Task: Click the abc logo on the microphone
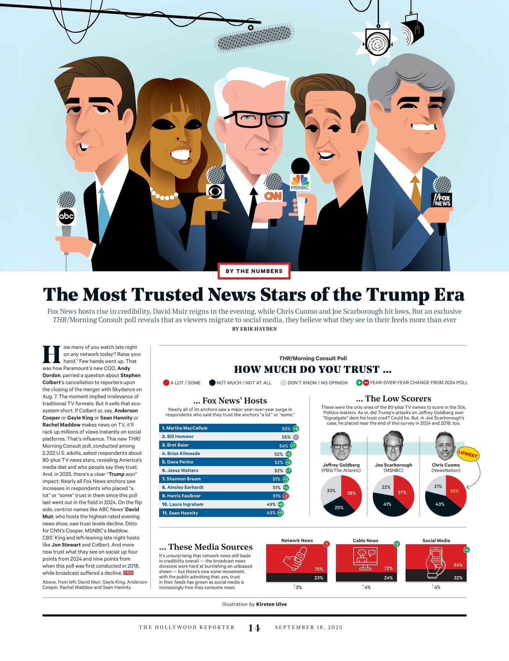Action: click(67, 216)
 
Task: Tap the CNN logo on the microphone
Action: click(273, 196)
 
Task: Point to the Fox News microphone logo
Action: click(441, 200)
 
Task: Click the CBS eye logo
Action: click(215, 192)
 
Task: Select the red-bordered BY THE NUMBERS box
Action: click(254, 271)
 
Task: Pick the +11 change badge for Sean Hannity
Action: click(280, 513)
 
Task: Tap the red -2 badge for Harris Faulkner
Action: click(286, 496)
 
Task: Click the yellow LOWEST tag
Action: click(468, 454)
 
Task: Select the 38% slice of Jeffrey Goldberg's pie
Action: click(351, 492)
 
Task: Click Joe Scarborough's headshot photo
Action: click(393, 446)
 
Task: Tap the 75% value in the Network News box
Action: click(319, 569)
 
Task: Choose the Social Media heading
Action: click(436, 541)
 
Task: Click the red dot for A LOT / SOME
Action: click(166, 383)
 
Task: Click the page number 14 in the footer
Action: click(254, 628)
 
